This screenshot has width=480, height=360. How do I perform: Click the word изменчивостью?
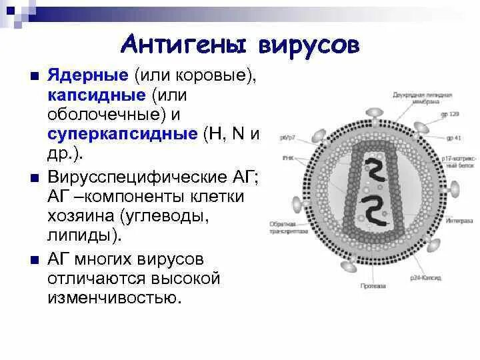point(114,296)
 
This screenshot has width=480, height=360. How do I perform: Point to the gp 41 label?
point(455,138)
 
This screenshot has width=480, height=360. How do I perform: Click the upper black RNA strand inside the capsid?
point(376,170)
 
